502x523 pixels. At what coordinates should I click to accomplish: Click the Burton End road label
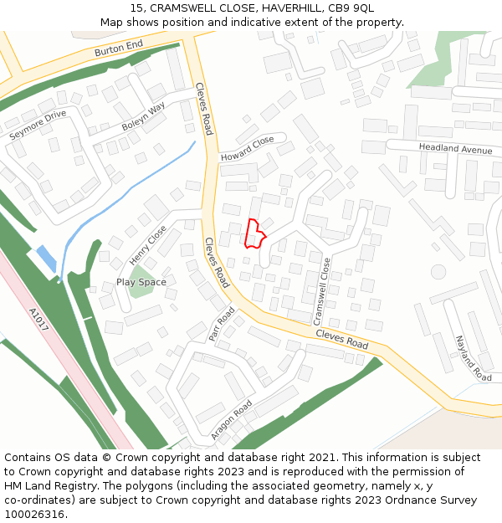(119, 50)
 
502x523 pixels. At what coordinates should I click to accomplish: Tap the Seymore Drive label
(38, 125)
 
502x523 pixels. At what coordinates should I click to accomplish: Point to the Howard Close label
(247, 149)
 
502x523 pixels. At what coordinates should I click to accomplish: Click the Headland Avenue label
(456, 148)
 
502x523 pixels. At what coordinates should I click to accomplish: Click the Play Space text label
(141, 282)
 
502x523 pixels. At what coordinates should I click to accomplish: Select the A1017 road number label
(38, 320)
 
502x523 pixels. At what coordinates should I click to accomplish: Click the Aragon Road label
(232, 420)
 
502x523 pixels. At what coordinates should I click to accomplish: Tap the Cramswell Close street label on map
(321, 291)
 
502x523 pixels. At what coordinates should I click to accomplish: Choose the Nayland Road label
(473, 357)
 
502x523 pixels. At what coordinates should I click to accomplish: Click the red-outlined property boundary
(254, 233)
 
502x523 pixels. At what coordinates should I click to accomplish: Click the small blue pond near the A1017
(47, 259)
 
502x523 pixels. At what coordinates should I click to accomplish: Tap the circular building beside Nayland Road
(438, 271)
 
